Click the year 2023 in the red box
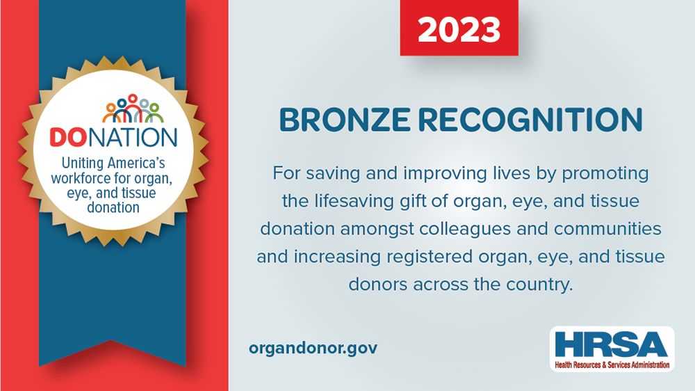tap(459, 30)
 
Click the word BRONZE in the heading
tap(345, 120)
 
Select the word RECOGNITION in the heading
tap(530, 120)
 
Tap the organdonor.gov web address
tap(313, 348)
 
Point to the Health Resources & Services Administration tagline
tap(612, 365)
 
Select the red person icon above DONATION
tap(133, 106)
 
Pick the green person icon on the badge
tap(154, 113)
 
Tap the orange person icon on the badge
tap(111, 113)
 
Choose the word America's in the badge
tap(136, 163)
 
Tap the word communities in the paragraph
tap(607, 229)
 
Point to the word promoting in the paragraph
tap(605, 173)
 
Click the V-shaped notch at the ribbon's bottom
tap(111, 340)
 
